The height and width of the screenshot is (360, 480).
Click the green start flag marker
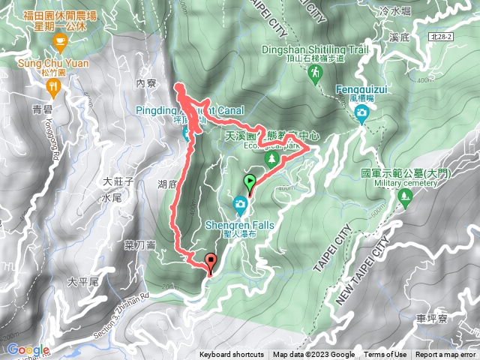(250, 181)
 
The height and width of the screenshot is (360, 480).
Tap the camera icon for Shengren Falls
(240, 202)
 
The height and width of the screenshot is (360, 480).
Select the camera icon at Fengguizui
(361, 112)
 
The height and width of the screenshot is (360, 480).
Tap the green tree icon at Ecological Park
(274, 159)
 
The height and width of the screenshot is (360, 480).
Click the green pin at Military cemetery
(406, 199)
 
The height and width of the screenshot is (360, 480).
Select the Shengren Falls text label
(240, 225)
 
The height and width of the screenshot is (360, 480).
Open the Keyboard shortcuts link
(232, 355)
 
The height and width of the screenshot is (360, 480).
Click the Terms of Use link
(385, 355)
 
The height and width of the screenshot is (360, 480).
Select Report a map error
(446, 355)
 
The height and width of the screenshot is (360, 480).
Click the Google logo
(27, 349)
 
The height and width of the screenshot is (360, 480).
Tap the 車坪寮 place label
(432, 318)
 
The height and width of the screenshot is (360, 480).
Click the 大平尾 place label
(82, 282)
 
